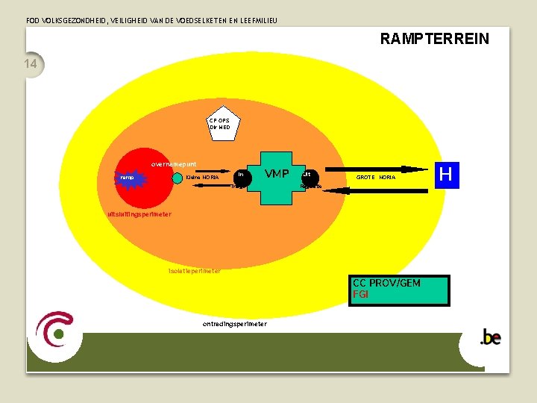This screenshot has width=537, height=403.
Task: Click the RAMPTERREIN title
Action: click(434, 38)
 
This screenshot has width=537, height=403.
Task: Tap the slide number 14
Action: click(31, 64)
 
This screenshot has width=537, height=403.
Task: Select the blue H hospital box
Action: click(446, 174)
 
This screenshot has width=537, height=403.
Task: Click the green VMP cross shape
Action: click(277, 178)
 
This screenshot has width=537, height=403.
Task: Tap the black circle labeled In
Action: click(240, 176)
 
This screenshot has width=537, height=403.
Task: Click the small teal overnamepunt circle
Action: click(177, 178)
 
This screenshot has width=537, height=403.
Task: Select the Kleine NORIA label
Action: click(202, 178)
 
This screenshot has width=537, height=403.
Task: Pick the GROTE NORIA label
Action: click(376, 178)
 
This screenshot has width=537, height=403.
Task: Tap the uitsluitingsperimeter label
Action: click(139, 215)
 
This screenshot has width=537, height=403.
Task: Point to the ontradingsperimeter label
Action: click(234, 324)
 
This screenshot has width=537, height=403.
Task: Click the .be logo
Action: click(490, 337)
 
